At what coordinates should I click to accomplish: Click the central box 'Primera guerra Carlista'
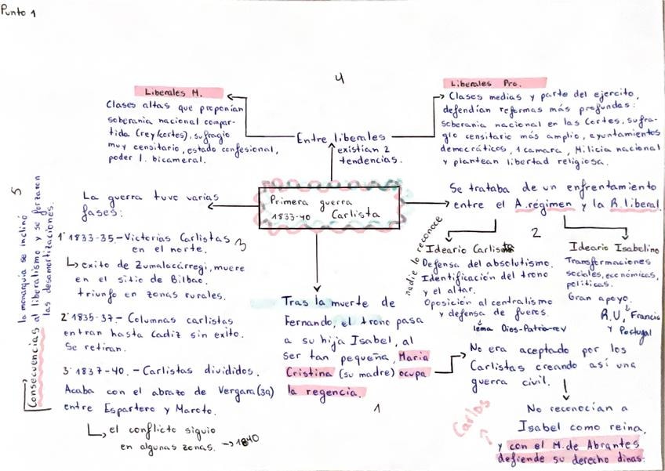point(329,206)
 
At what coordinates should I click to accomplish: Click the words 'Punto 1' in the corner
point(19,12)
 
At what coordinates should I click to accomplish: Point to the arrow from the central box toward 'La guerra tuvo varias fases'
point(233,206)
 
